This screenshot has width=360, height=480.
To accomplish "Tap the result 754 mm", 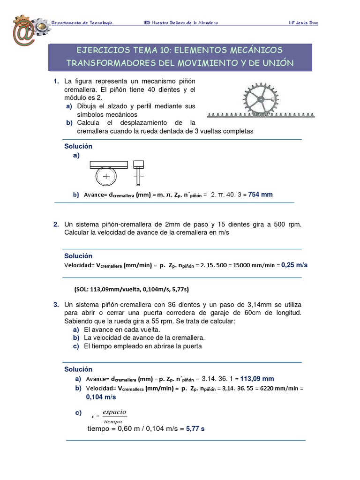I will [260, 195].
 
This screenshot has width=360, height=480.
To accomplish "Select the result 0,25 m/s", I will [294, 265].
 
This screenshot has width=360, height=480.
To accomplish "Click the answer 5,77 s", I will [195, 428].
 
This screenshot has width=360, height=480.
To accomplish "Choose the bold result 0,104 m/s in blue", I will [101, 397].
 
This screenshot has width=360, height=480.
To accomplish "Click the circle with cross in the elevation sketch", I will [107, 177].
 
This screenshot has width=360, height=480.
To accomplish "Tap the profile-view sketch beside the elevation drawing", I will [138, 172].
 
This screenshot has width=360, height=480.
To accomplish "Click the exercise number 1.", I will [56, 82].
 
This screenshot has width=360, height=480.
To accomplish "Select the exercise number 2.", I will [56, 225].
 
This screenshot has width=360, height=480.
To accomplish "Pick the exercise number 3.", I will [56, 305].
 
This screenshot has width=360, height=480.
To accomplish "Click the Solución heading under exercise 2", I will [78, 256].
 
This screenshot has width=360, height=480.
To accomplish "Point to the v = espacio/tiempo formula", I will [109, 416].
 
